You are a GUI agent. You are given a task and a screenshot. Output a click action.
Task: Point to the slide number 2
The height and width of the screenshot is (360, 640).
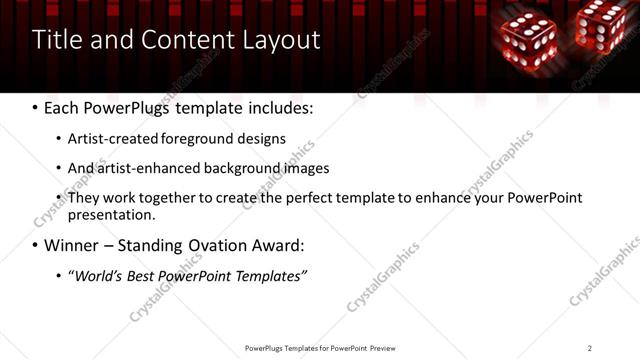point(590,348)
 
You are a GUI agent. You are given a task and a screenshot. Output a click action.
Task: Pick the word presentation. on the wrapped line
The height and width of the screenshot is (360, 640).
point(111,214)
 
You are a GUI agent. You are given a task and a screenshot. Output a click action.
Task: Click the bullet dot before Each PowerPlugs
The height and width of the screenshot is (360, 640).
point(36,106)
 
